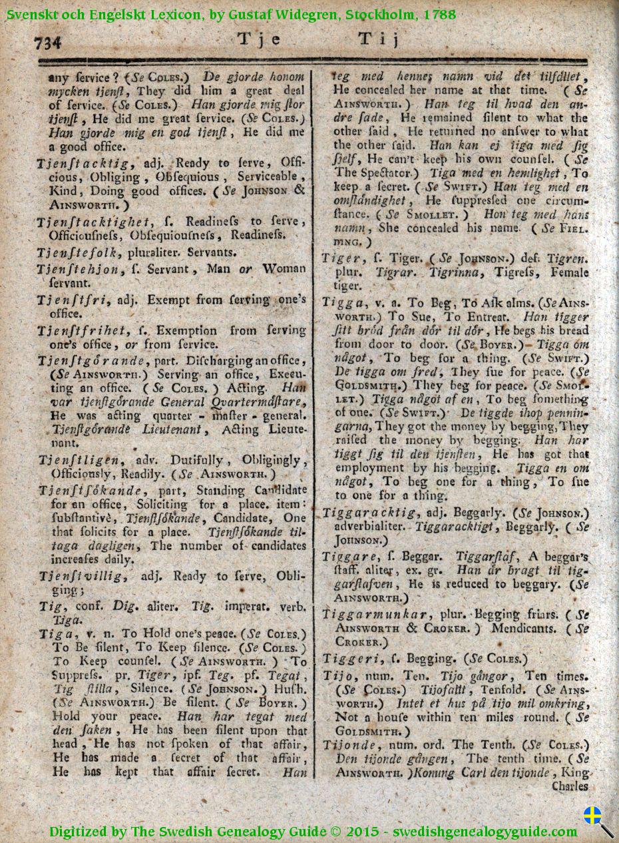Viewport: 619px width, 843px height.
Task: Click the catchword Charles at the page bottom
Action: [570, 786]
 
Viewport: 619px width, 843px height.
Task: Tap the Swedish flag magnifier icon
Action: [598, 821]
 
